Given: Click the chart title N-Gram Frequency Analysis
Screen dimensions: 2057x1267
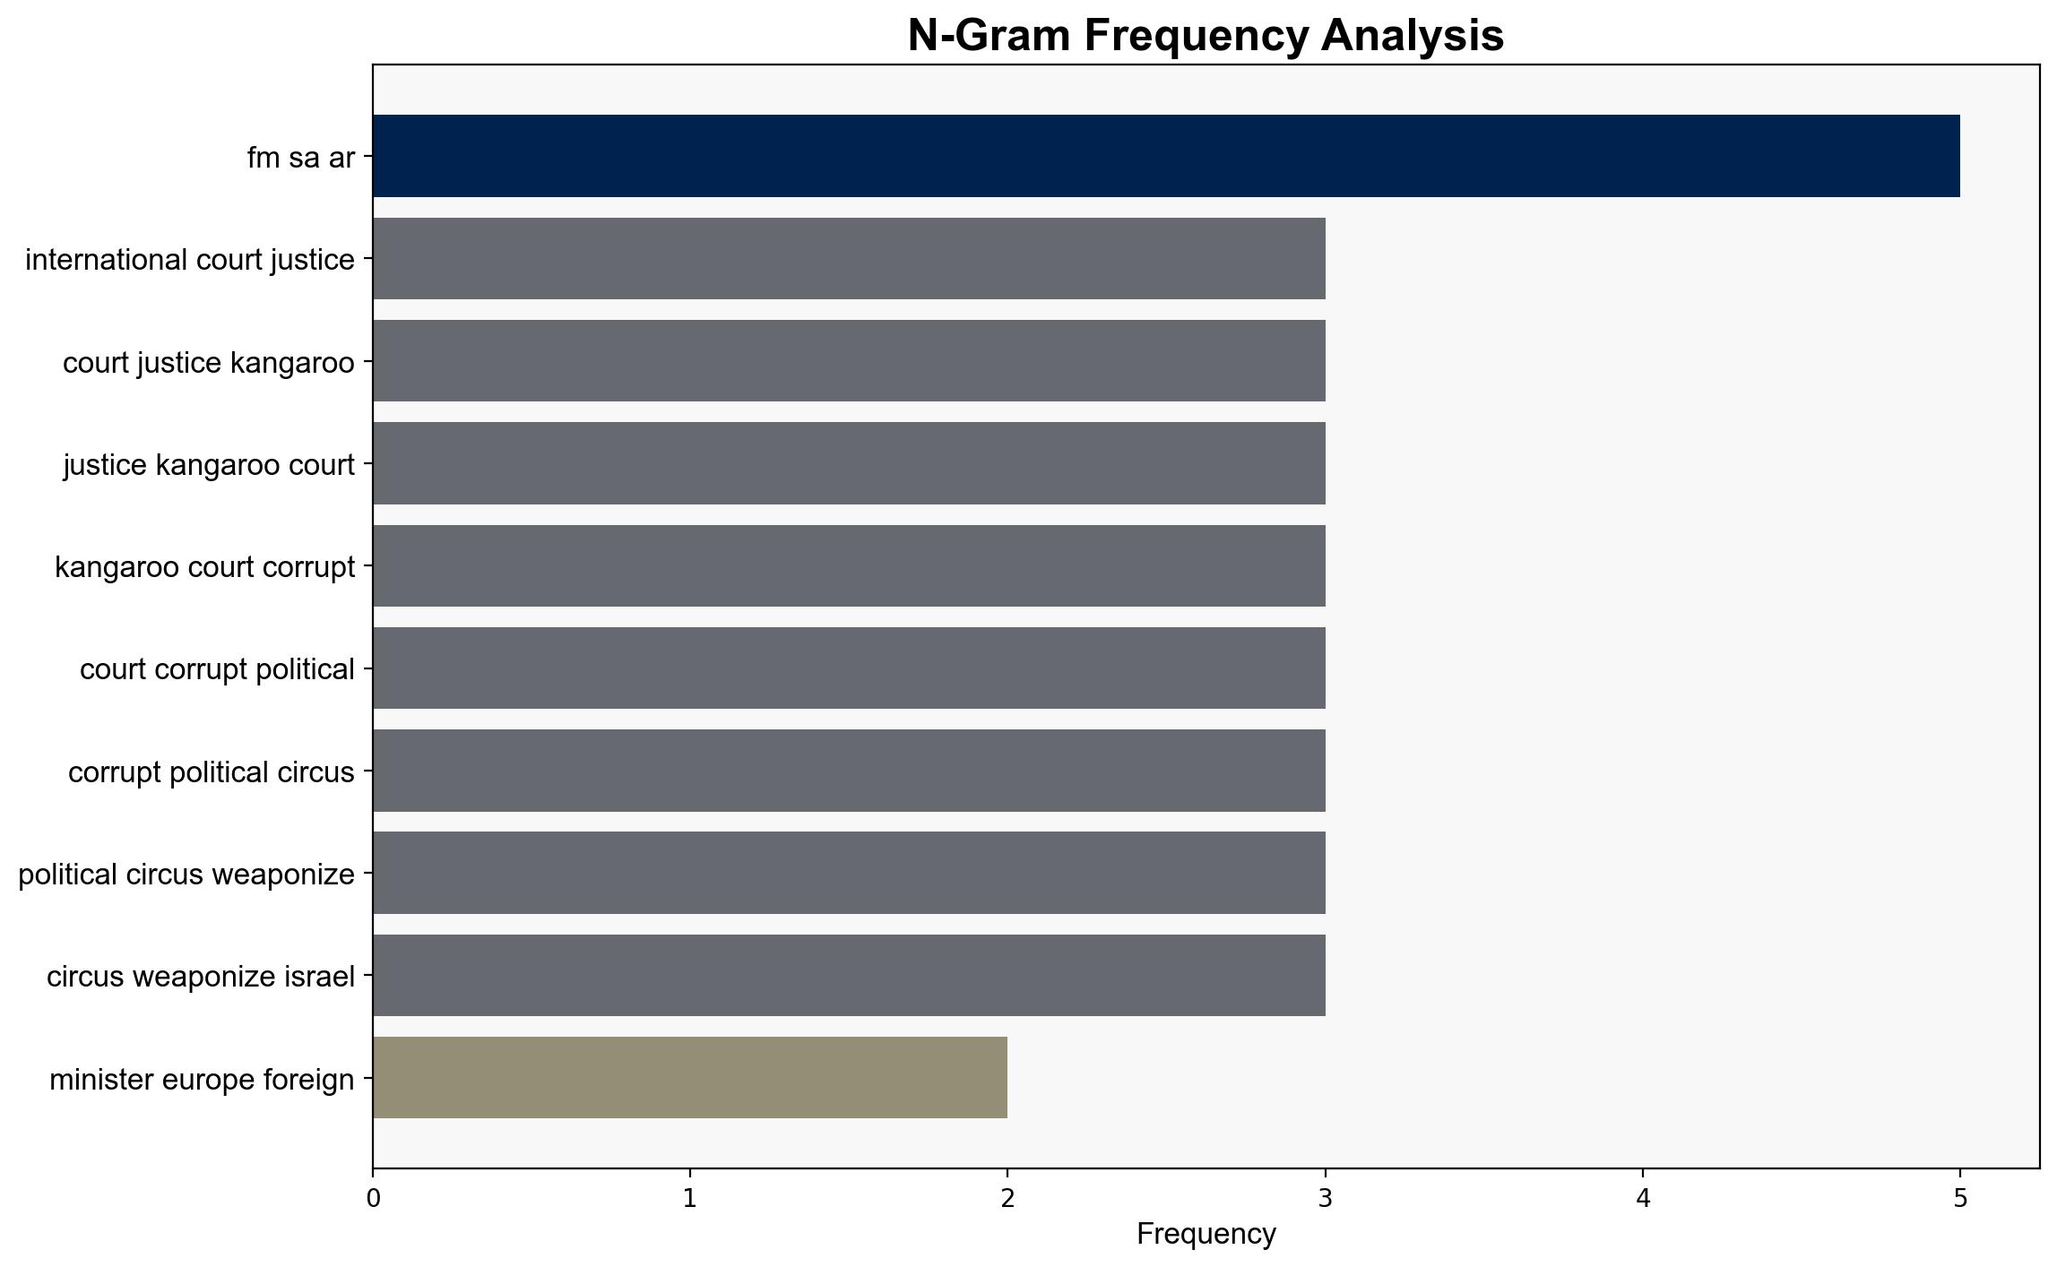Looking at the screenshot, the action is coord(1206,36).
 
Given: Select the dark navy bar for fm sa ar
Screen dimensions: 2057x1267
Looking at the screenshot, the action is coord(1166,156).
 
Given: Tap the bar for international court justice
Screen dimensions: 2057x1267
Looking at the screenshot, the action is coord(849,259).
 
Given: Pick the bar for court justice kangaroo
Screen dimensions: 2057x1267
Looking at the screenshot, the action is coord(849,361).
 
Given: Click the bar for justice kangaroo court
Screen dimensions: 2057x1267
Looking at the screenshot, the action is coord(849,463).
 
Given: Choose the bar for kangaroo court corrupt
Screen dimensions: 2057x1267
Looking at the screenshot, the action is coord(849,566).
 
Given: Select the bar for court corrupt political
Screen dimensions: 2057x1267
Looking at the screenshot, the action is coord(849,668).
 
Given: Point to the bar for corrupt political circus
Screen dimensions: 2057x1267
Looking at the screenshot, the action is coord(849,771).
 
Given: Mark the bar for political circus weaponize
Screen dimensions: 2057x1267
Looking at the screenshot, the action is coord(849,873).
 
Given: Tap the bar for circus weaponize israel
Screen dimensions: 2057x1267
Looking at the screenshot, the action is coord(849,976).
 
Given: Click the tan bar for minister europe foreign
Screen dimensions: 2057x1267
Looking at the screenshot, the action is coord(690,1078).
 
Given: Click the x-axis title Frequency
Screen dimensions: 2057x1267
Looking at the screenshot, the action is coord(1206,1234).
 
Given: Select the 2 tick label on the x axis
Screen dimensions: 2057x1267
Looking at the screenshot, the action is coord(1007,1198).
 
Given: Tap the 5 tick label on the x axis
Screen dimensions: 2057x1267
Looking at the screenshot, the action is coord(1960,1198).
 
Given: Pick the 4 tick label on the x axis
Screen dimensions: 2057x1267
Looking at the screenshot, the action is coord(1643,1198).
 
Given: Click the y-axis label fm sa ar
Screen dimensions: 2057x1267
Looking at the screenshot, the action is coord(301,158).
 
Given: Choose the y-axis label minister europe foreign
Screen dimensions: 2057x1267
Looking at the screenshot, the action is coord(203,1080).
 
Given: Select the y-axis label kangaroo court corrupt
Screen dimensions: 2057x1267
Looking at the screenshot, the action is coord(205,567).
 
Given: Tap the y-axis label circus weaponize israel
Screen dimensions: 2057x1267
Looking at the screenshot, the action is coord(201,977).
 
